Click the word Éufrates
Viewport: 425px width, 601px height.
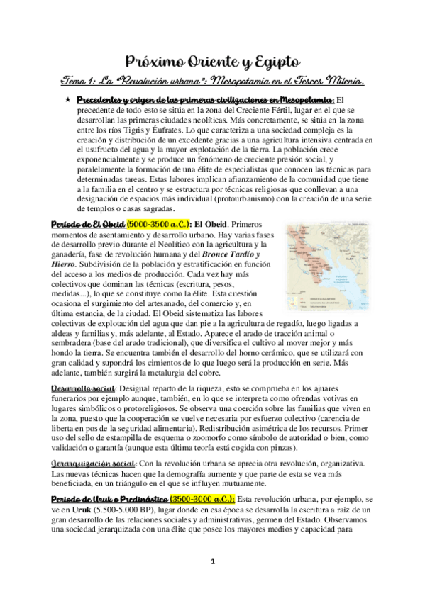(x=155, y=130)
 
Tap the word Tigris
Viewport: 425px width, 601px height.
(x=116, y=130)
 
